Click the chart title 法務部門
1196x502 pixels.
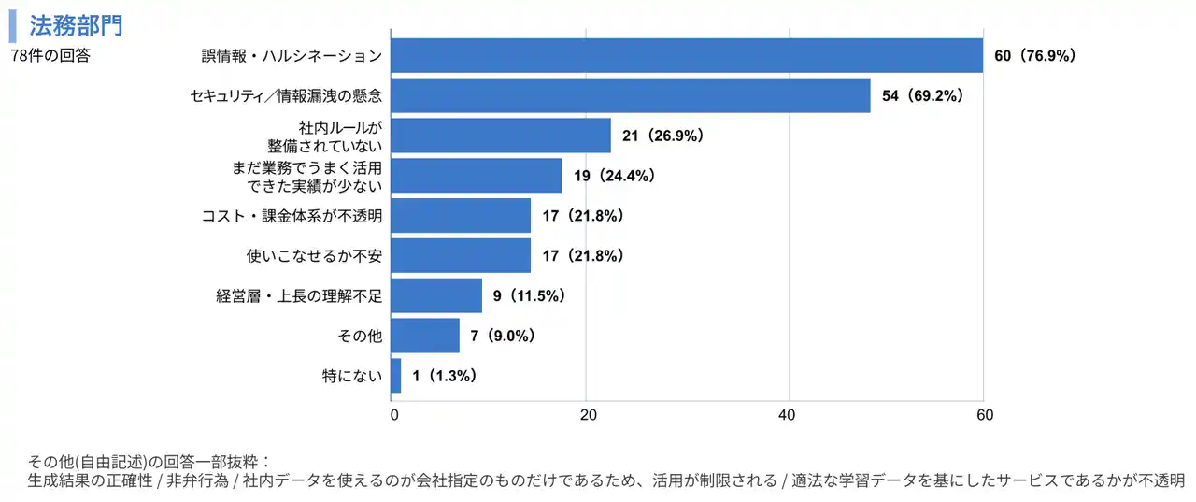(x=76, y=24)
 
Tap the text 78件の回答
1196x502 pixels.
(x=50, y=56)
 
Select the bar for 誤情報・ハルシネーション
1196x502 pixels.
(x=687, y=55)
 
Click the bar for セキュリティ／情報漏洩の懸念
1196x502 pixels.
(x=631, y=95)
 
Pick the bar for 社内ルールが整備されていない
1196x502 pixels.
(x=501, y=136)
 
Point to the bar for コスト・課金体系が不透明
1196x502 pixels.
(x=461, y=216)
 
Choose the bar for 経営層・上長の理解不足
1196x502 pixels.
(x=436, y=295)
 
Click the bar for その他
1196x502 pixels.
(x=425, y=336)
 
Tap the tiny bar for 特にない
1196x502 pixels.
(x=396, y=376)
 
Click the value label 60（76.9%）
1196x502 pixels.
(x=1035, y=56)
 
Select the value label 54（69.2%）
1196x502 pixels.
(x=922, y=95)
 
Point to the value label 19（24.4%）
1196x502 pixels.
(x=615, y=176)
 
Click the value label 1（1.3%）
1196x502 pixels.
(x=445, y=376)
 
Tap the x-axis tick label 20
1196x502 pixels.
(x=587, y=415)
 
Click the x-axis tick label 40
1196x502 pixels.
(x=788, y=415)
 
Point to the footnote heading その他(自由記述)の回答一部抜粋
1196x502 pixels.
(x=149, y=462)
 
